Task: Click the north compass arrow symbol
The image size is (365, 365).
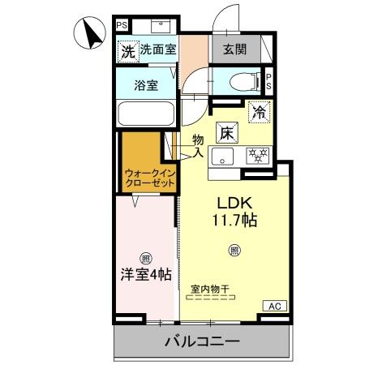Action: (91, 34)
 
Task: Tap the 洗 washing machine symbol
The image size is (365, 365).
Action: (127, 50)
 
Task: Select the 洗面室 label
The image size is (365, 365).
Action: (157, 50)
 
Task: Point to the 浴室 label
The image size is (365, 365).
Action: (146, 83)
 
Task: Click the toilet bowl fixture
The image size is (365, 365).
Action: (241, 82)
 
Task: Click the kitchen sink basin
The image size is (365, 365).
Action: (222, 154)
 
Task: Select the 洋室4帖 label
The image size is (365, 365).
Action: (145, 276)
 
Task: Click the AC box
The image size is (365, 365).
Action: (273, 306)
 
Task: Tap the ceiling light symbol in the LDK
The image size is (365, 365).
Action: (234, 250)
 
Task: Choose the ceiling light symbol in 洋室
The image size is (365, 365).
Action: (145, 259)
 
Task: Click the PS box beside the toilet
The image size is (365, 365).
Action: (268, 83)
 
